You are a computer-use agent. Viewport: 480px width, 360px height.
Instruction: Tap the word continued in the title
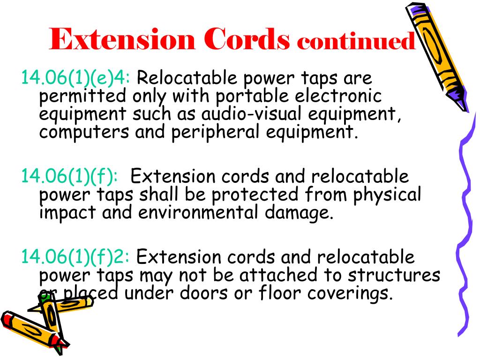click(356, 42)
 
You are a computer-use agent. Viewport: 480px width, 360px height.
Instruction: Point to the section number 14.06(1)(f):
click(70, 177)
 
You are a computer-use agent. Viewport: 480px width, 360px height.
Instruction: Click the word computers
click(84, 133)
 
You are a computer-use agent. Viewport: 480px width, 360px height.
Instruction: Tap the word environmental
click(198, 212)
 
